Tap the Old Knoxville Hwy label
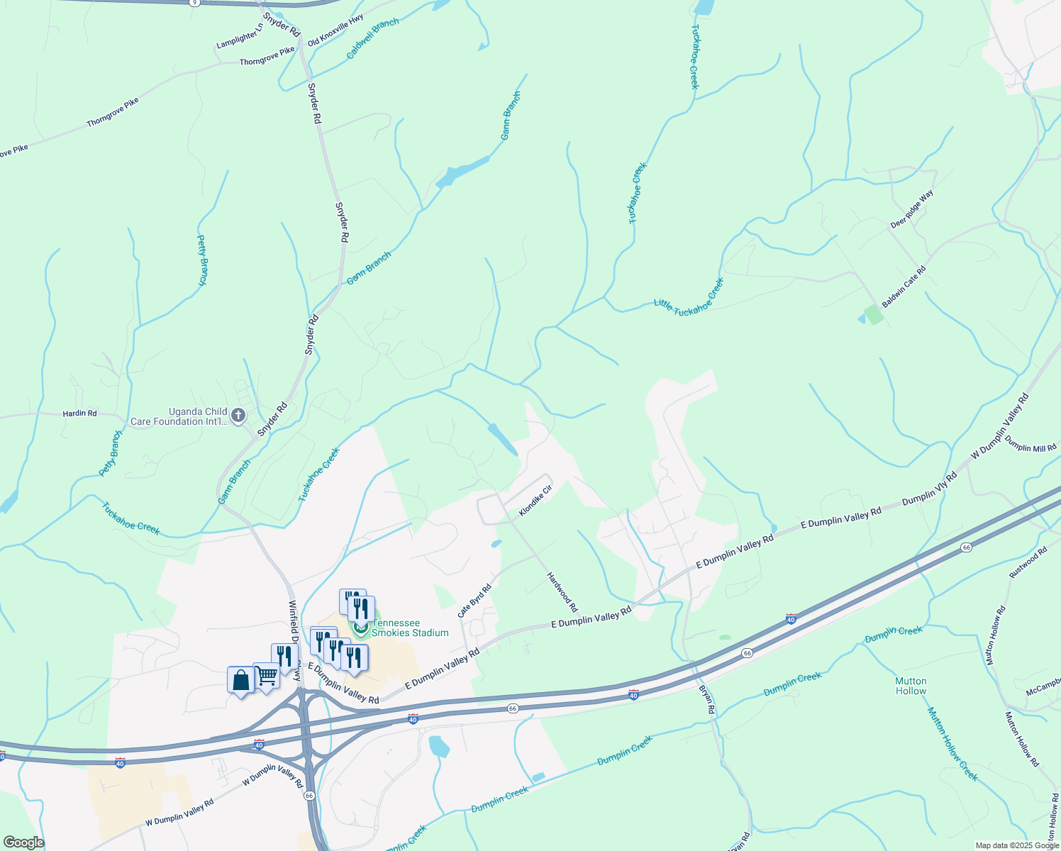point(335,30)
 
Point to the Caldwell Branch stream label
point(373,39)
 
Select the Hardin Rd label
point(79,413)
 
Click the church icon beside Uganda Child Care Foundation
point(238,416)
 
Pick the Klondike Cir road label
point(535,501)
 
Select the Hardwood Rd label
point(562,592)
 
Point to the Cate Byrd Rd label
point(474,601)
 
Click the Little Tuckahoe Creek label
point(689,297)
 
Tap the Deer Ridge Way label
point(912,209)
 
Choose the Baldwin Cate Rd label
point(904,287)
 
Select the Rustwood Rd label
point(1028,563)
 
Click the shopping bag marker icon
point(241,680)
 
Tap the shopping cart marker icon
point(266,677)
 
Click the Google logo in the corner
point(23,842)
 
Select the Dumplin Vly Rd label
point(929,489)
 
